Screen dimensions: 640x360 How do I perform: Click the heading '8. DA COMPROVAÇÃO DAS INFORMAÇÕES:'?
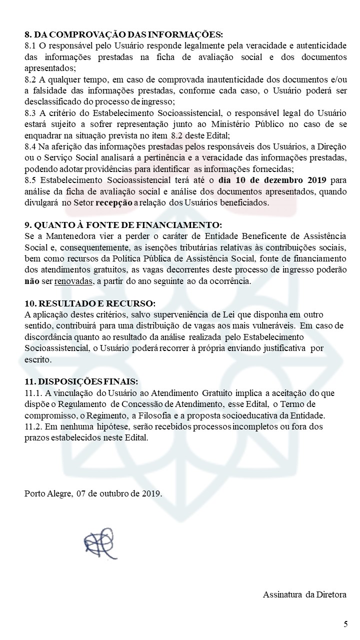point(123,34)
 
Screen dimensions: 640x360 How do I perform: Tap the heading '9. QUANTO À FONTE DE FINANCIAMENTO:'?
point(123,225)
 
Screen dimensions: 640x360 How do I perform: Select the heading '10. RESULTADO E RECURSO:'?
point(90,304)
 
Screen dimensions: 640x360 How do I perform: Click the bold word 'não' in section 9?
point(31,281)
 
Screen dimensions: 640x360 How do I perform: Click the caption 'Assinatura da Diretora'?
point(304,594)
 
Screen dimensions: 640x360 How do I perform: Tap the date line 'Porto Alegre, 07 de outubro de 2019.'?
point(93,493)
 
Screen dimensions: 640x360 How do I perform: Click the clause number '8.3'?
point(30,113)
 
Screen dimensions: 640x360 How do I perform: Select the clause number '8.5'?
point(30,180)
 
